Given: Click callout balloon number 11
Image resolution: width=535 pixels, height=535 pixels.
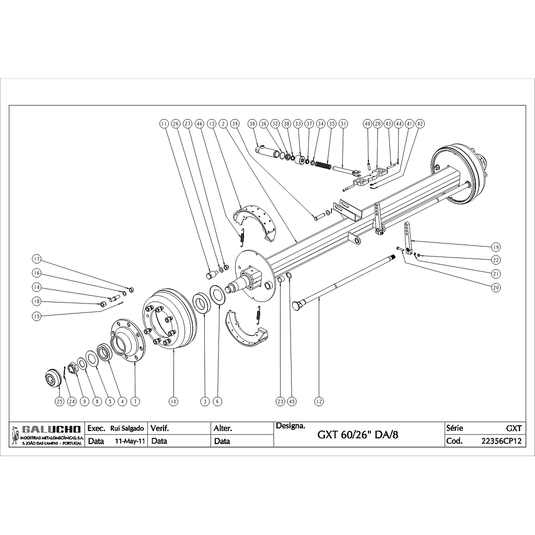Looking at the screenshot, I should click(164, 124).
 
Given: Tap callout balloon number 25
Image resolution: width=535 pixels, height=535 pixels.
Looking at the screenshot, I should click(59, 401).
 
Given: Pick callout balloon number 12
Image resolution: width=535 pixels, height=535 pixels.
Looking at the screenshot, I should click(319, 401).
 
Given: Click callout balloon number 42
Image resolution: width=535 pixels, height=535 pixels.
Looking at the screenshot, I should click(420, 124).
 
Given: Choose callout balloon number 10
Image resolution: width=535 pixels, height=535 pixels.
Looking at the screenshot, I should click(173, 401).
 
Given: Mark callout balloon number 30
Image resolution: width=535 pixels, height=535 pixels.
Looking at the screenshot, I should click(252, 124).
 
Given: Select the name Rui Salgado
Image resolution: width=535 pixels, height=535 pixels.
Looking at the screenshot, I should click(127, 428).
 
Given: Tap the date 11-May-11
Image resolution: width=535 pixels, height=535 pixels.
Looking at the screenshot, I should click(130, 440).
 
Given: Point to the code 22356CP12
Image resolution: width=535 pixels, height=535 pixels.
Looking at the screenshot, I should click(502, 440).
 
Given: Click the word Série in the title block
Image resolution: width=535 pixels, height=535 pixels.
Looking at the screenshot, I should click(455, 428).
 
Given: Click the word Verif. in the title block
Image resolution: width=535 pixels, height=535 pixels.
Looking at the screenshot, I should click(160, 428).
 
